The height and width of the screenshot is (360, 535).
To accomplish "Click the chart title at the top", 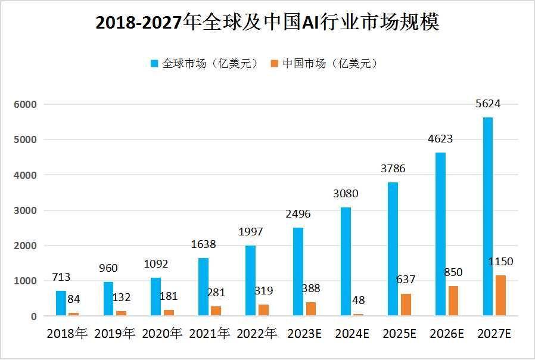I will pyautogui.click(x=267, y=22).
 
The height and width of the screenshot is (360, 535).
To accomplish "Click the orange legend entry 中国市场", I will pyautogui.click(x=325, y=64).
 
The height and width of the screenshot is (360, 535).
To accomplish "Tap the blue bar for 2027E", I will pyautogui.click(x=487, y=216).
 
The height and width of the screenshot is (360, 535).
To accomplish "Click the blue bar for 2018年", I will pyautogui.click(x=61, y=303).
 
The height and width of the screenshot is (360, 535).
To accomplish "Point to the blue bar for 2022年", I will pyautogui.click(x=251, y=281).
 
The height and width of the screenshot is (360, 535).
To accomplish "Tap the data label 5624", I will pyautogui.click(x=487, y=104).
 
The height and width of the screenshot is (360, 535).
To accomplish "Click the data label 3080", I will pyautogui.click(x=345, y=194).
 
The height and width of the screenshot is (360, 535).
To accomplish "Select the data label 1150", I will pyautogui.click(x=500, y=262).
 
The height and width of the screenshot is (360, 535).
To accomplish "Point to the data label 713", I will pyautogui.click(x=61, y=277).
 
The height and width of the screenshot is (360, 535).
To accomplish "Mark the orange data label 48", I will pyautogui.click(x=359, y=301).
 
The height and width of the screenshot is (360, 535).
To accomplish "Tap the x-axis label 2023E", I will pyautogui.click(x=304, y=334).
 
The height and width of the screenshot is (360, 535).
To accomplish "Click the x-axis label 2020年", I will pyautogui.click(x=161, y=334).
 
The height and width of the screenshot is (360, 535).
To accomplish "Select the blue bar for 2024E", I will pyautogui.click(x=346, y=262).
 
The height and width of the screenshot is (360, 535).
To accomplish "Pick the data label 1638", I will pyautogui.click(x=203, y=244).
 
